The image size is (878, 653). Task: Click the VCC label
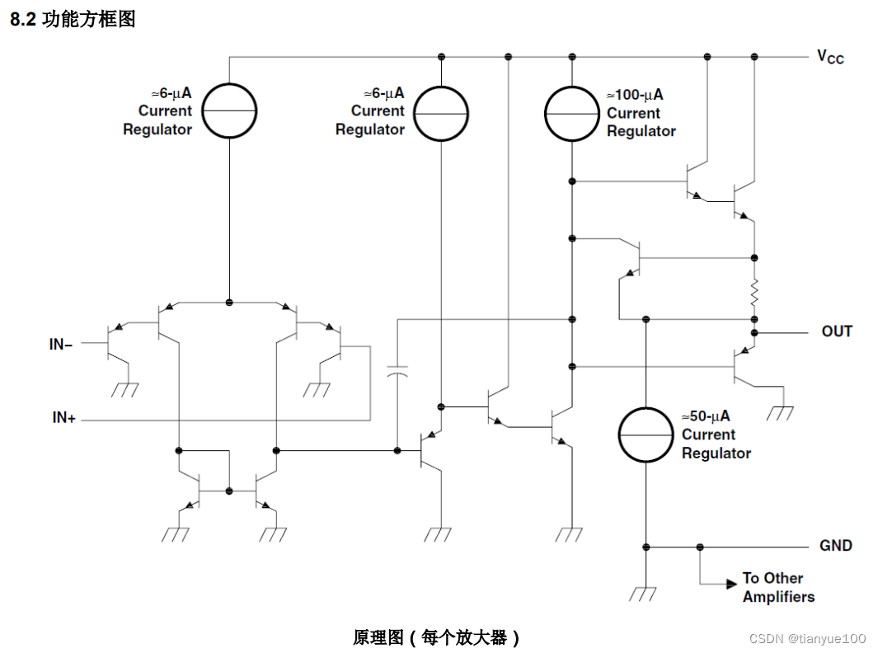(830, 56)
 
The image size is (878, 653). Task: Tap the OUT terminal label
(837, 331)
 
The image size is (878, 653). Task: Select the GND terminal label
(835, 546)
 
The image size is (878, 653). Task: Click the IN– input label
(61, 345)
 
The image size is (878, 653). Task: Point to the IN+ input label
(63, 419)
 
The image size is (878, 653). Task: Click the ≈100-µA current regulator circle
(571, 112)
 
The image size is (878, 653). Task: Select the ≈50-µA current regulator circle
(646, 435)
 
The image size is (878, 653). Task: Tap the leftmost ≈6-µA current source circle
(229, 111)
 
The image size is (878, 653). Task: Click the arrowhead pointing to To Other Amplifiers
(731, 585)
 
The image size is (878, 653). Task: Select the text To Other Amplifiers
(777, 587)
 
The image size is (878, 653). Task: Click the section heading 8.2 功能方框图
(73, 20)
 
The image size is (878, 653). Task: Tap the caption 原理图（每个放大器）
(437, 637)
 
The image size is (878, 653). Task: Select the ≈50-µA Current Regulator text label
(716, 435)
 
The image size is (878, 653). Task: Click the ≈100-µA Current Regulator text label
(641, 113)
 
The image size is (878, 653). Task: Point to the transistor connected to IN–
(113, 345)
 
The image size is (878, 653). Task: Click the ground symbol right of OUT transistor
(779, 412)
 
